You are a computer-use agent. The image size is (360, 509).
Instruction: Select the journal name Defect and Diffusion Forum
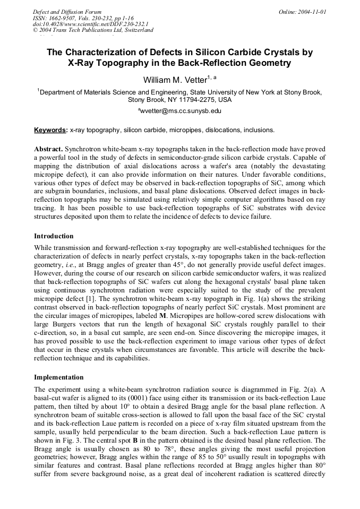(x=67, y=12)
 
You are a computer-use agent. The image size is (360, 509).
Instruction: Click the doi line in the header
(x=90, y=24)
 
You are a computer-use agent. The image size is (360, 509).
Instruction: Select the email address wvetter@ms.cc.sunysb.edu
(x=181, y=111)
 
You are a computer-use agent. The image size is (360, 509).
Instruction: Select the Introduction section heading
(x=54, y=236)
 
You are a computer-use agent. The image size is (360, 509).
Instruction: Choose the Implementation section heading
(x=58, y=377)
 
